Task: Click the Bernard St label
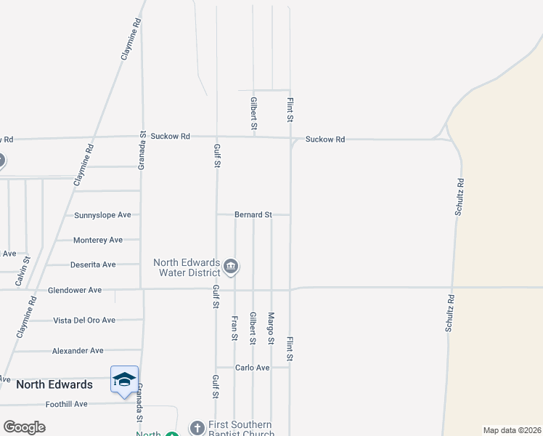[253, 215]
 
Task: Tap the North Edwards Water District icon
[230, 267]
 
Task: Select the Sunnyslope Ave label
[102, 215]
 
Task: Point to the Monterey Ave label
[98, 240]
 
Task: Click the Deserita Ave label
[93, 265]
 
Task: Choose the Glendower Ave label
[75, 290]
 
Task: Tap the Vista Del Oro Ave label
[84, 320]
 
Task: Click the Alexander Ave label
[78, 351]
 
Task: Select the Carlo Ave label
[253, 368]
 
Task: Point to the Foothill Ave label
[66, 404]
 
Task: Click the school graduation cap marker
[124, 379]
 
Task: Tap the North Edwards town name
[54, 384]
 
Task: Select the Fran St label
[234, 328]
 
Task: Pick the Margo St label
[271, 328]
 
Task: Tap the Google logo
[24, 427]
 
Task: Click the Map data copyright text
[511, 430]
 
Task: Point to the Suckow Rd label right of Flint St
[325, 139]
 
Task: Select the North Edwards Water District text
[187, 267]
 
